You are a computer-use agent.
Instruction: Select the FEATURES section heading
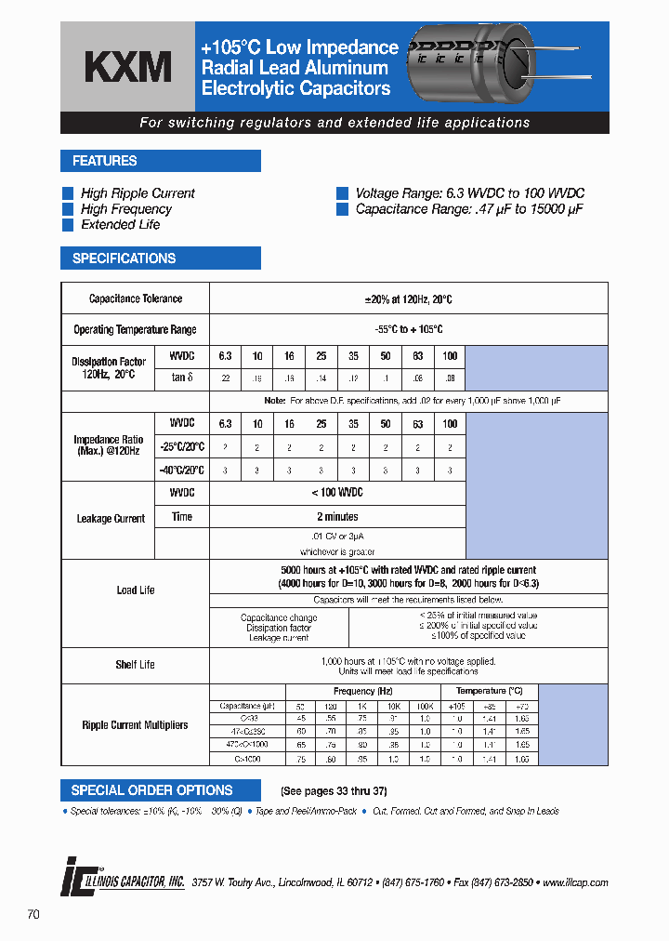(105, 161)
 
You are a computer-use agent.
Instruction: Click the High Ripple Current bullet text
(138, 193)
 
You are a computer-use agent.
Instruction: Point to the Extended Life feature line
(120, 225)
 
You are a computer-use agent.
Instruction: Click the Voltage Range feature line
(469, 193)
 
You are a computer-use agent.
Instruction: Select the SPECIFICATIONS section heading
(124, 258)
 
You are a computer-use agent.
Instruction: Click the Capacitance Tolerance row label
(136, 298)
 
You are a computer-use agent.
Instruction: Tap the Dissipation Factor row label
(109, 366)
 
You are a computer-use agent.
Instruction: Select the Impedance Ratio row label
(109, 444)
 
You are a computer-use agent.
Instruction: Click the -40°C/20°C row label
(181, 470)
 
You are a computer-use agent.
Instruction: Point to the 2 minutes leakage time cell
(337, 516)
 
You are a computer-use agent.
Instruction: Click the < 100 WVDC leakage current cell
(337, 492)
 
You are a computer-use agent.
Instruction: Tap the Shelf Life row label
(136, 665)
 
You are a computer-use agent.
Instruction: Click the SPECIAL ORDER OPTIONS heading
(152, 790)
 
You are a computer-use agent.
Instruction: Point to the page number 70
(33, 915)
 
